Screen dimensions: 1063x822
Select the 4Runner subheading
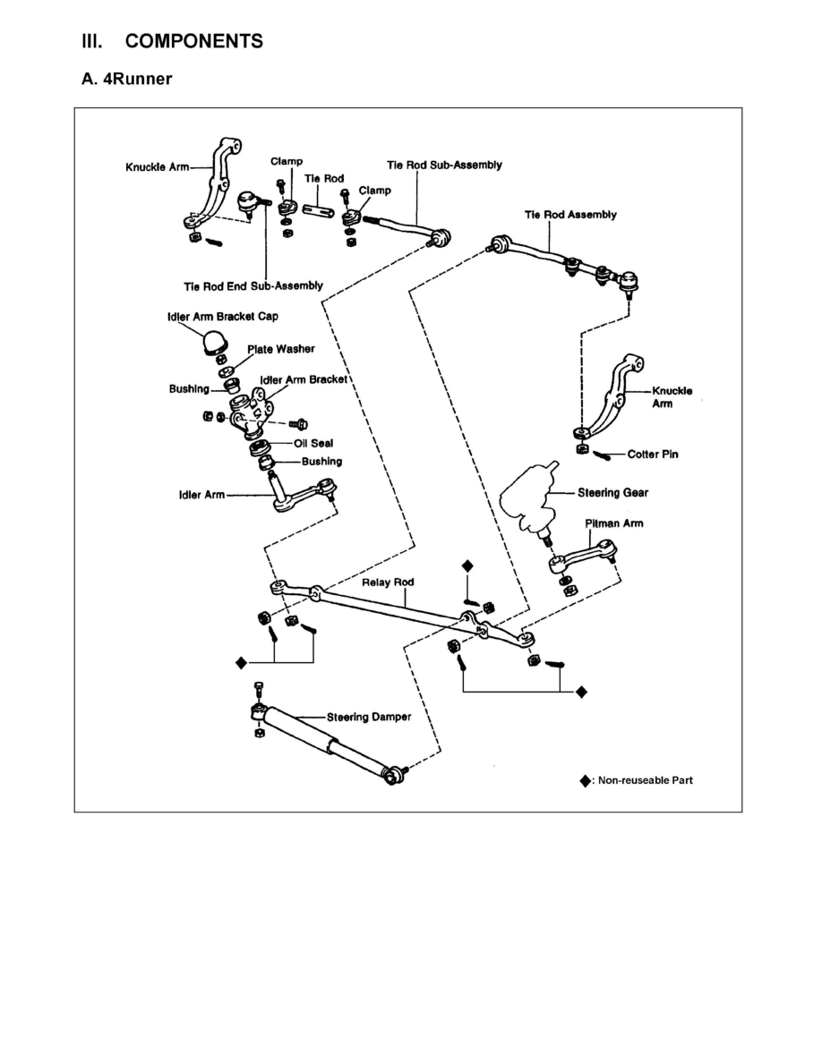click(126, 80)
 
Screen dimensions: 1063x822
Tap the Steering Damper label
click(368, 717)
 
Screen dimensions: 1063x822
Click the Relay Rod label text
click(388, 583)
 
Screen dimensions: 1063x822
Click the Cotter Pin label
click(652, 455)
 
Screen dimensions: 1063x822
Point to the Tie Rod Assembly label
click(570, 215)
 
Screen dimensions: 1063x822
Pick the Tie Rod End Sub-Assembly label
click(253, 286)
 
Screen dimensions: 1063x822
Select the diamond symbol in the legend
click(585, 780)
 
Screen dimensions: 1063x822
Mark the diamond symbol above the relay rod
click(466, 566)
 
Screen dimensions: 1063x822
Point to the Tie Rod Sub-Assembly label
click(444, 165)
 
